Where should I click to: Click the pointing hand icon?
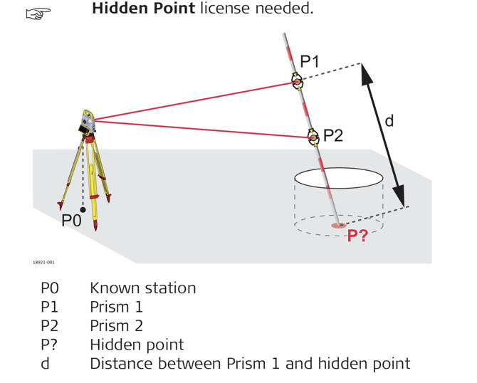35,14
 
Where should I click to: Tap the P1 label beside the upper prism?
310,61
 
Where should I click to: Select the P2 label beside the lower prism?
332,135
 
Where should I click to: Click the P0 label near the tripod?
71,221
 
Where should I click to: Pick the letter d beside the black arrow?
389,121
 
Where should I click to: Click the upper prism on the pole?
297,82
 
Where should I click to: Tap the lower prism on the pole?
313,137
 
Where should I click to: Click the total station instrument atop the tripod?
87,122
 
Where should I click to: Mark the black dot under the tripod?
83,209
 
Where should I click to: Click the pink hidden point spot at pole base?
339,226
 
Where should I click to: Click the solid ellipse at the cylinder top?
339,178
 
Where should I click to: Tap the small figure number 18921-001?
43,263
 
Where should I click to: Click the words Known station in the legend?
142,288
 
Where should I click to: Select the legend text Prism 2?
116,326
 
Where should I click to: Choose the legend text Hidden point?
136,345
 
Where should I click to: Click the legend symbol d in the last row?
45,364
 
